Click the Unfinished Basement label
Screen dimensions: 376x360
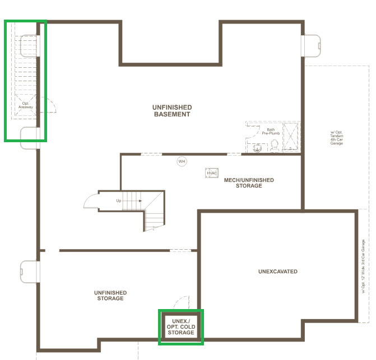pyautogui.click(x=172, y=111)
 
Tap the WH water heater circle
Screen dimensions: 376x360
pyautogui.click(x=182, y=161)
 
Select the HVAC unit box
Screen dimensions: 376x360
pyautogui.click(x=212, y=173)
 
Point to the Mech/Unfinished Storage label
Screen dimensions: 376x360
pyautogui.click(x=249, y=183)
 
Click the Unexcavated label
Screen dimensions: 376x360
pyautogui.click(x=278, y=272)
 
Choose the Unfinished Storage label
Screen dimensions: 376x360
pyautogui.click(x=110, y=296)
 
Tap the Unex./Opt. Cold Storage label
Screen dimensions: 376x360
pyautogui.click(x=181, y=327)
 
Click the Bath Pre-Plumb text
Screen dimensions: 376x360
pyautogui.click(x=271, y=132)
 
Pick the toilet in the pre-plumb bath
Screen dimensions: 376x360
pyautogui.click(x=275, y=146)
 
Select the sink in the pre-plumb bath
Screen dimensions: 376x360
pyautogui.click(x=257, y=148)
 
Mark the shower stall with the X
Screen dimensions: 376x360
pyautogui.click(x=291, y=137)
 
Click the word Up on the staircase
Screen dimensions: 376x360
pyautogui.click(x=118, y=201)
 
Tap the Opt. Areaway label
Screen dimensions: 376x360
pyautogui.click(x=26, y=105)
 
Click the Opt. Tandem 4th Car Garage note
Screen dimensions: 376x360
pyautogui.click(x=336, y=138)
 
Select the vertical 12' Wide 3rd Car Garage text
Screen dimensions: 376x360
pyautogui.click(x=363, y=267)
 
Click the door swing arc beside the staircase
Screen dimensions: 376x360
pyautogui.click(x=89, y=199)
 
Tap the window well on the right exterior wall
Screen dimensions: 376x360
pyautogui.click(x=311, y=46)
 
